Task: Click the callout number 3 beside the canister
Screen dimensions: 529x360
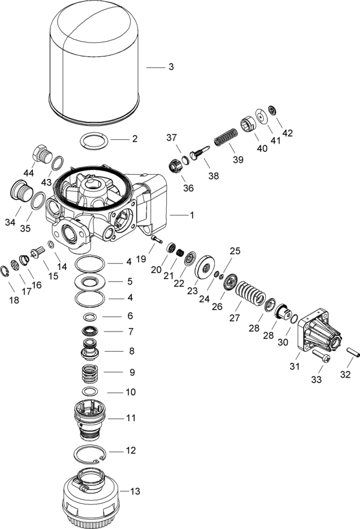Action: tap(171, 67)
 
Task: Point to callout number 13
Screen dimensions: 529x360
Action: tap(135, 491)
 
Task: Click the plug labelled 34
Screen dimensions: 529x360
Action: tap(20, 192)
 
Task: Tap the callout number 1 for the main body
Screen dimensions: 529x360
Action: tap(192, 214)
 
